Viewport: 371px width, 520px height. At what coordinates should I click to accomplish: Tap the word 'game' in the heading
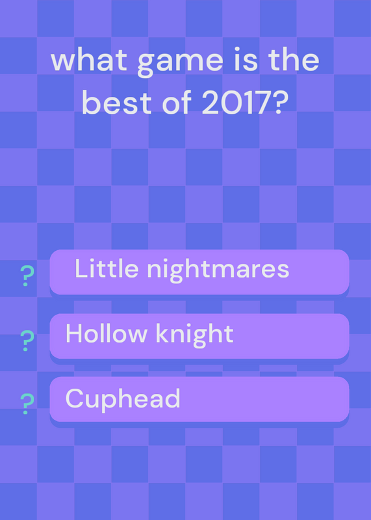click(181, 64)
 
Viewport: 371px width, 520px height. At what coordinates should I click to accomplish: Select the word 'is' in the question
click(246, 60)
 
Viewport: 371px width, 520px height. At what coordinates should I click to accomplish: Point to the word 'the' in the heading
click(294, 60)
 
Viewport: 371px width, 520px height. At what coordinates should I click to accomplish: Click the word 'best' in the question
click(117, 103)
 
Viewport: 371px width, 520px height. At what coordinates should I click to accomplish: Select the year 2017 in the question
click(235, 103)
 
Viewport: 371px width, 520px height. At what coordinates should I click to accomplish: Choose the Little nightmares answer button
click(199, 272)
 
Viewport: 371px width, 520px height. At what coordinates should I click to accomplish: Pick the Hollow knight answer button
click(199, 336)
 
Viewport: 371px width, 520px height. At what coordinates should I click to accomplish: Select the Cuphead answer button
click(199, 399)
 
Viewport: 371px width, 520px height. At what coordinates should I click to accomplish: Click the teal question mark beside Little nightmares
click(27, 276)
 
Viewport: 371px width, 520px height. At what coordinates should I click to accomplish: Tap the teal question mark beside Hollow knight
click(27, 341)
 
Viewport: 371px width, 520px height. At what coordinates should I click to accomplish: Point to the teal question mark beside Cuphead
click(27, 404)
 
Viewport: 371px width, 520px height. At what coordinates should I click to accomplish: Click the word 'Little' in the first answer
click(107, 268)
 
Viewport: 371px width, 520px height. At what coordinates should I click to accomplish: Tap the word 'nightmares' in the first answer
click(218, 270)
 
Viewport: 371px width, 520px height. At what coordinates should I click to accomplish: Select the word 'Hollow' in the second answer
click(106, 333)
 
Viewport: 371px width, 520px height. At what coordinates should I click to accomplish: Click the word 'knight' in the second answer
click(195, 335)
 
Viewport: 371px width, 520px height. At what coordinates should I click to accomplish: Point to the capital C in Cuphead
click(75, 398)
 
